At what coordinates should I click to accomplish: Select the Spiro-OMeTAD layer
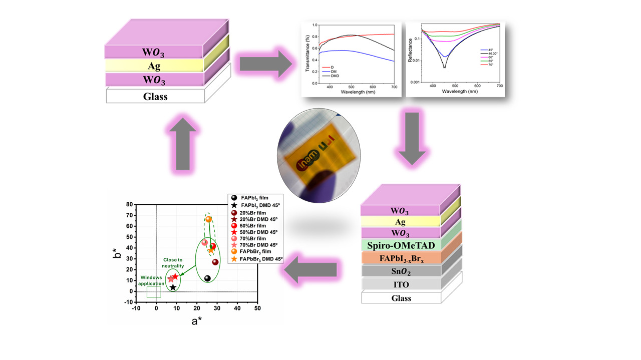[x=401, y=245]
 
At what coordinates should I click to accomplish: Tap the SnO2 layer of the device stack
[x=401, y=271]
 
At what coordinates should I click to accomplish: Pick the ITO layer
[x=401, y=284]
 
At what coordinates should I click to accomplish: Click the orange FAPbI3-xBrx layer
[x=401, y=258]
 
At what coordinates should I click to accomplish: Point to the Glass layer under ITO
[x=401, y=298]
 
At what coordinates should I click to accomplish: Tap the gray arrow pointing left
[x=310, y=271]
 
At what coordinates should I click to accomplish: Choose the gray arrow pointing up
[x=182, y=145]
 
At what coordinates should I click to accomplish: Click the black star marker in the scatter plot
[x=173, y=287]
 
